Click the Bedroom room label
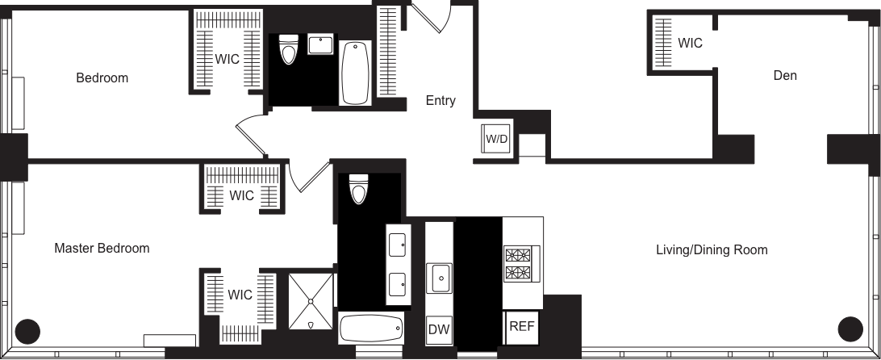pos(102,78)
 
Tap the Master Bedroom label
pos(102,249)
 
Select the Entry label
pos(440,102)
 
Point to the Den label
pos(784,76)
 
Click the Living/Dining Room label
pos(711,250)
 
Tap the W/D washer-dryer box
pos(495,139)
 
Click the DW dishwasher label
pos(438,329)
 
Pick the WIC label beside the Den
pos(690,44)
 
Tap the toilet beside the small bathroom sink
pos(288,49)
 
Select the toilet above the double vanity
pos(359,190)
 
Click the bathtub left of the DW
pos(370,329)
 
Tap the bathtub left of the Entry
pos(353,73)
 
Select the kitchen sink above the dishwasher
pos(440,278)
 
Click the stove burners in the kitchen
pos(516,263)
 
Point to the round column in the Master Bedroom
pos(29,329)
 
